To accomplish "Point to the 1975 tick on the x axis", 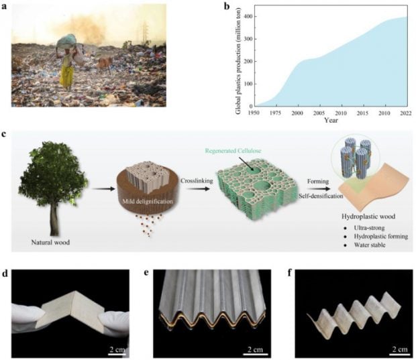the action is point(276,105).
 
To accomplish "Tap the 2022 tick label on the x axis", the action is point(406,113).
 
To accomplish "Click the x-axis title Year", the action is point(331,121).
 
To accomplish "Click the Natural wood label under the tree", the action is point(50,242).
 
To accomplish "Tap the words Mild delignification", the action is point(148,202).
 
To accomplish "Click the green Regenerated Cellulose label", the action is point(233,151).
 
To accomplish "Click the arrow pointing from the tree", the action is point(104,189).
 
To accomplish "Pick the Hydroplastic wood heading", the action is point(368,217).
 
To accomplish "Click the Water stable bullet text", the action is point(370,245).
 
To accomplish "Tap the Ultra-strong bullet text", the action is point(369,228).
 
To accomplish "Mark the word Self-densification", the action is point(321,196).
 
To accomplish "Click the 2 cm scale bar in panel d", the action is point(117,354).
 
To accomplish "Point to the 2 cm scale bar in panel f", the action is point(400,354).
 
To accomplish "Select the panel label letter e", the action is point(146,274).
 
